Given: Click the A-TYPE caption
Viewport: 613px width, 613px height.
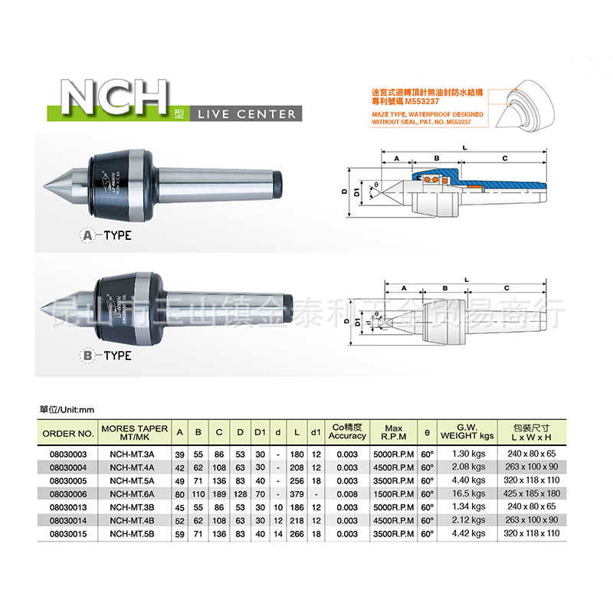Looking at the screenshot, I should (x=107, y=235).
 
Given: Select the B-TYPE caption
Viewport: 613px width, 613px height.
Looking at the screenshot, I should (x=107, y=356).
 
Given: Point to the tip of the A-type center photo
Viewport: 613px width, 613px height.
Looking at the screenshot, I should (x=46, y=182).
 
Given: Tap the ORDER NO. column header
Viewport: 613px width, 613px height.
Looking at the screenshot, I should (x=68, y=433).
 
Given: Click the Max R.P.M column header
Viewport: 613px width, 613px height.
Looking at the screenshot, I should (x=394, y=433).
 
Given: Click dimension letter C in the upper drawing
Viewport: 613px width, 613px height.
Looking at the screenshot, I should (x=504, y=157).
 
